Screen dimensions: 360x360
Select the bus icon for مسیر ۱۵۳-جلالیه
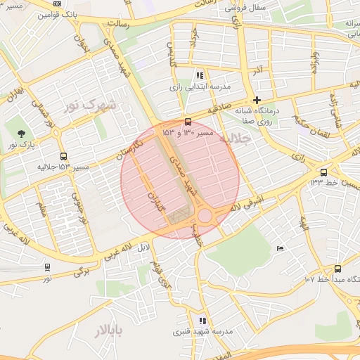click(x=64, y=157)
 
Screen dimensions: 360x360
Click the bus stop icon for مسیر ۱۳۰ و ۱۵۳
click(x=187, y=122)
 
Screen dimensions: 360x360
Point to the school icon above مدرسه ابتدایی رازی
click(x=200, y=75)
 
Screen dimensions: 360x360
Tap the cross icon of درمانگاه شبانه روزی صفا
click(x=257, y=101)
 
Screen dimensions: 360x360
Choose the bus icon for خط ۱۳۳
click(x=323, y=172)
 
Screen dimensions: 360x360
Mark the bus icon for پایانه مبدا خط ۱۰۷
click(x=337, y=269)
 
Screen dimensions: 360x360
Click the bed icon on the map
click(x=281, y=248)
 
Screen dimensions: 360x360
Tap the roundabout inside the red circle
click(x=205, y=216)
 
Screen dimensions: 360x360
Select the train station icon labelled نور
click(x=47, y=267)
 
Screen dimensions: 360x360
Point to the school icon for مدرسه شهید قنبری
click(x=202, y=321)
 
